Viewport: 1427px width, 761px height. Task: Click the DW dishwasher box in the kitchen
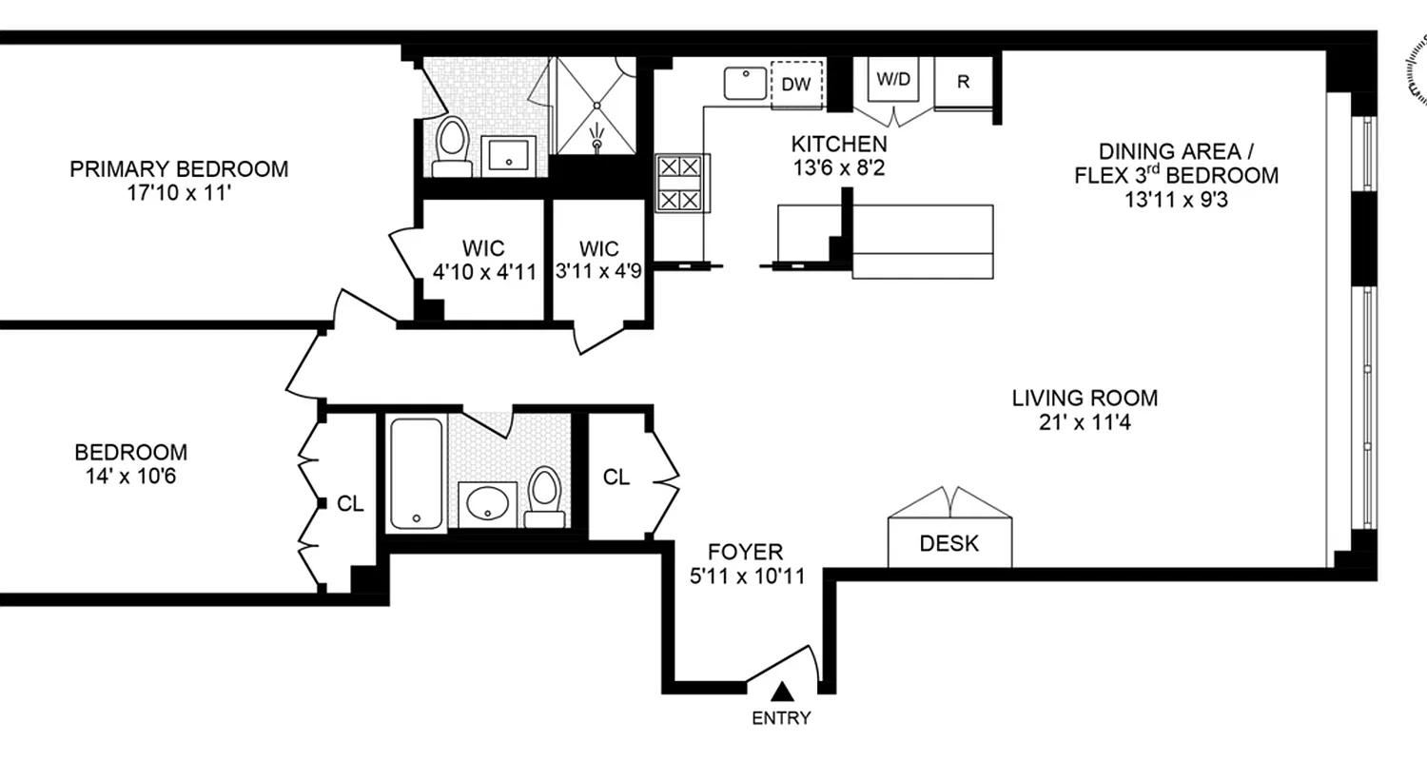[x=796, y=84]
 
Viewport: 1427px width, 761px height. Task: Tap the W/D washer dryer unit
[x=892, y=81]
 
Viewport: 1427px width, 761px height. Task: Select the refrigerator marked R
[x=963, y=82]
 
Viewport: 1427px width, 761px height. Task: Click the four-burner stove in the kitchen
[x=679, y=183]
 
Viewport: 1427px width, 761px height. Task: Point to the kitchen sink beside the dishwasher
[x=745, y=83]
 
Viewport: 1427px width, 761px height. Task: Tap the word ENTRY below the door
[x=781, y=718]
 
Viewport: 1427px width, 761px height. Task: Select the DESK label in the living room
[x=948, y=544]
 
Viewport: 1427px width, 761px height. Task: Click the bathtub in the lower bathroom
[x=415, y=473]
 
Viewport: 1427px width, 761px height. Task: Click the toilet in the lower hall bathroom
[x=545, y=495]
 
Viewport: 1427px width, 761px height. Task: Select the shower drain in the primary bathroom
[x=596, y=143]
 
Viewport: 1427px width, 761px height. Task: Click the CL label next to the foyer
[x=616, y=478]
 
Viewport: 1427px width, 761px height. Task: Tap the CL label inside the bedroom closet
[x=350, y=504]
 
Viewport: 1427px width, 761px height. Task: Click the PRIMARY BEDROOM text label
[x=179, y=169]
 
